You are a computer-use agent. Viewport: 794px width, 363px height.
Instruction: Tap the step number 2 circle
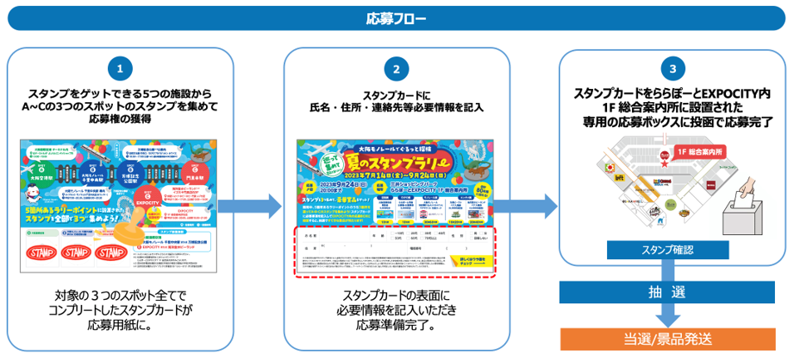[x=396, y=69]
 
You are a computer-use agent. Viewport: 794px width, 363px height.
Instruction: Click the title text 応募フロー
[x=396, y=17]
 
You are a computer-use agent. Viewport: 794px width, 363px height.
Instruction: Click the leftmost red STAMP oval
[x=42, y=251]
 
